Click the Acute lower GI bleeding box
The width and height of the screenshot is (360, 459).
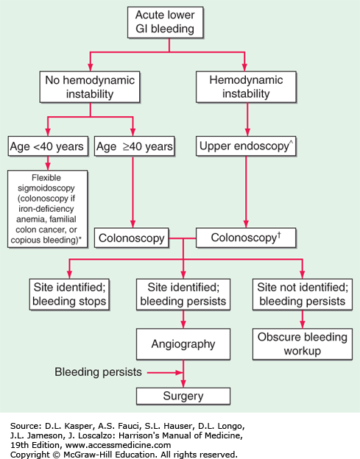(165, 23)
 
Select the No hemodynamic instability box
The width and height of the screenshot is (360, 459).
(90, 87)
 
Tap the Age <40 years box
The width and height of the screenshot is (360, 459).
(48, 146)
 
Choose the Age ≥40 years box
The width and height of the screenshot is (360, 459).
(135, 146)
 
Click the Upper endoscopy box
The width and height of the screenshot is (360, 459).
(246, 146)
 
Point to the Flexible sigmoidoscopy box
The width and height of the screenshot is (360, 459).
(47, 209)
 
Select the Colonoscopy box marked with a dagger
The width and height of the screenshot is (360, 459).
(246, 238)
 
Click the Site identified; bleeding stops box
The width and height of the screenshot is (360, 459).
(69, 294)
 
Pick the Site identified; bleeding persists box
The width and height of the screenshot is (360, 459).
(183, 294)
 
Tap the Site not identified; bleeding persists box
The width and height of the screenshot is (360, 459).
(303, 294)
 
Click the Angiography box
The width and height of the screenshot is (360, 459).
(183, 344)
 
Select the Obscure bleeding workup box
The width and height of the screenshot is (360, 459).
(303, 344)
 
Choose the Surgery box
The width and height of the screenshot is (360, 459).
(183, 396)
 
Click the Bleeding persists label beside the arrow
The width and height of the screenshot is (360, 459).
(98, 372)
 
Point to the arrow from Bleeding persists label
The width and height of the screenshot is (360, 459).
(165, 373)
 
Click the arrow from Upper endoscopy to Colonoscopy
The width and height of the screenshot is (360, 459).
(246, 192)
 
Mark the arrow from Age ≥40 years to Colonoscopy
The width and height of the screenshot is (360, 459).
(133, 192)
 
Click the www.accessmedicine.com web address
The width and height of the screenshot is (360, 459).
(118, 445)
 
